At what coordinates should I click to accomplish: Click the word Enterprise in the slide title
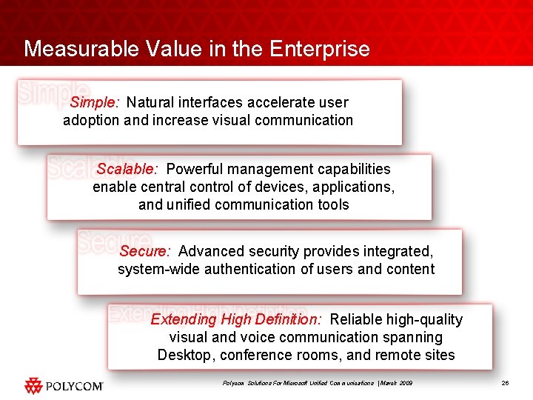click(320, 49)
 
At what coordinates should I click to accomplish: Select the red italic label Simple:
click(95, 102)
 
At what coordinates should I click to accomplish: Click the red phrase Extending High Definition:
click(236, 319)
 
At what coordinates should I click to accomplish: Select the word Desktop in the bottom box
click(184, 355)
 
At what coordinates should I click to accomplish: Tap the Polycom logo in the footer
click(64, 385)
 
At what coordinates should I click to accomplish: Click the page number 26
click(506, 383)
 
